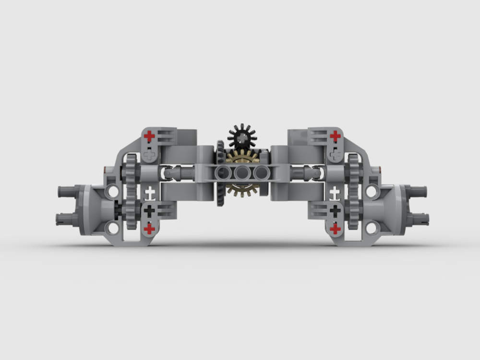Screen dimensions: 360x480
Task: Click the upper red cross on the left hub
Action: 150,137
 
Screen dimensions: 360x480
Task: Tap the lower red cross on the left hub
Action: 149,229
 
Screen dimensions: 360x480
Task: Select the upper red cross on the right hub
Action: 335,137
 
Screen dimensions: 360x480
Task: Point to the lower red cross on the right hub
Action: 335,229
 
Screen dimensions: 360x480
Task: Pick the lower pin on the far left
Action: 65,219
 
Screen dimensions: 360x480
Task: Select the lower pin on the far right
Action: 420,219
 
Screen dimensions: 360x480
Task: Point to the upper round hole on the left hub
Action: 112,192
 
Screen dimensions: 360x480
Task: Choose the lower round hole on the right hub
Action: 372,227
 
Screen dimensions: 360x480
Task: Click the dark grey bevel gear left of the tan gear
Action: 221,173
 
